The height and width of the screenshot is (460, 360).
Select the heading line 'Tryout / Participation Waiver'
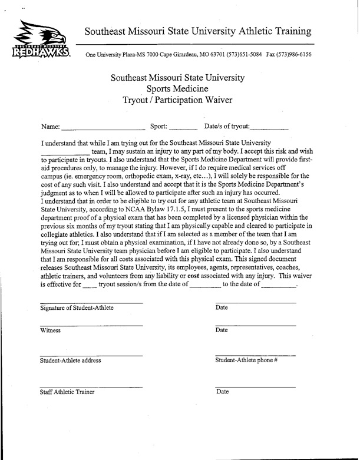coord(177,100)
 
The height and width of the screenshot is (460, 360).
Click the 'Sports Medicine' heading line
coord(177,89)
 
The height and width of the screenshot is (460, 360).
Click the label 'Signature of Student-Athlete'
coord(77,308)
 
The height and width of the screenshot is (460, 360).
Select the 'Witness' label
coord(50,330)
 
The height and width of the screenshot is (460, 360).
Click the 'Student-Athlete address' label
coord(70,360)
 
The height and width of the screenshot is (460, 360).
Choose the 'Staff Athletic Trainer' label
coord(67,392)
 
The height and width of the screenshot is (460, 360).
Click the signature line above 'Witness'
coord(91,325)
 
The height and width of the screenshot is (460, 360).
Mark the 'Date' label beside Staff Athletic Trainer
coord(223,392)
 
